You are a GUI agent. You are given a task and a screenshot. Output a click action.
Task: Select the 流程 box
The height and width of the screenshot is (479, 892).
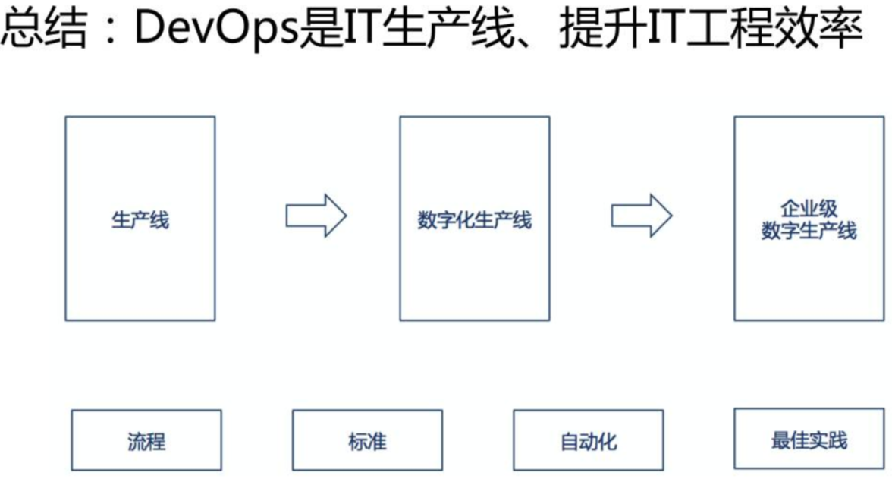(146, 440)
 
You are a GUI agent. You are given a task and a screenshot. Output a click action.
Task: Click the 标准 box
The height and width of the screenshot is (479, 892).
(367, 440)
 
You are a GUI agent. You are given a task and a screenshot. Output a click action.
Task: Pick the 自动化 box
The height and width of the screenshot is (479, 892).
(589, 440)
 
